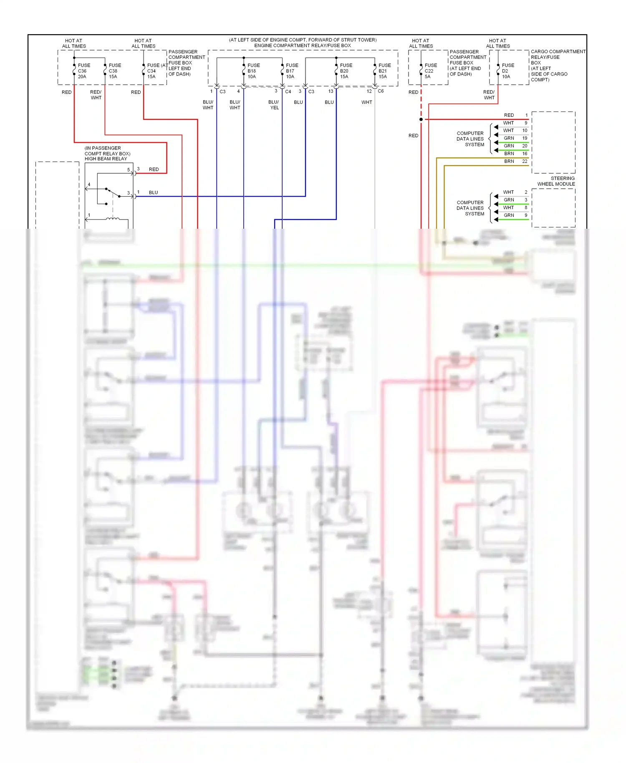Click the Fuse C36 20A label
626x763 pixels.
(83, 71)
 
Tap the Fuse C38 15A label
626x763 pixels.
(114, 71)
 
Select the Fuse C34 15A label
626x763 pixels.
(153, 71)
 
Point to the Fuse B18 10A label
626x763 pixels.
(253, 71)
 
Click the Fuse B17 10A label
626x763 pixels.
(292, 71)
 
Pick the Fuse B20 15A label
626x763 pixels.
(346, 71)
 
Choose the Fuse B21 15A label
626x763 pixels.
(384, 71)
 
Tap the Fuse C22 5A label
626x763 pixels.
(430, 71)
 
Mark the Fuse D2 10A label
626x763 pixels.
(507, 71)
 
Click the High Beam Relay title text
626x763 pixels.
(106, 159)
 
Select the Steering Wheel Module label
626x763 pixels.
(556, 181)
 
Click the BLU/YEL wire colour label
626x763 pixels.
(274, 105)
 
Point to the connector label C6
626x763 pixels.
(381, 91)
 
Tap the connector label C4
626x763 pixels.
(288, 91)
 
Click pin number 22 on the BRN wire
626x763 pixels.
(525, 161)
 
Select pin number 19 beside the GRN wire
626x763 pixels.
(525, 138)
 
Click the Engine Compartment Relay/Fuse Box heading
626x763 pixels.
(302, 45)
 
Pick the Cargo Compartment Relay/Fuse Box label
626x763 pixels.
(557, 66)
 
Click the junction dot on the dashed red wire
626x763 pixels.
(421, 119)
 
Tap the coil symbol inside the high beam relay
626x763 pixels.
(112, 218)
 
